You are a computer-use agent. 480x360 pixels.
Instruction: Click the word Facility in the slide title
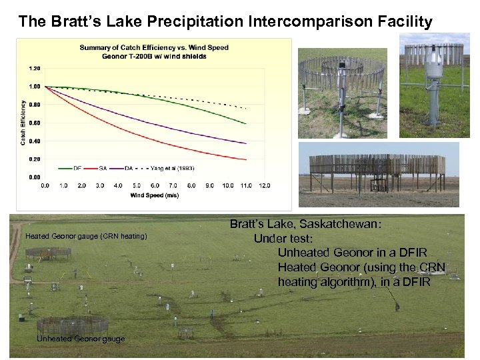405,21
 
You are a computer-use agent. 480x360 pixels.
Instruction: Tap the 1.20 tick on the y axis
34,68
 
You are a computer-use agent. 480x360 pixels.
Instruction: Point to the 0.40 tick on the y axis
34,141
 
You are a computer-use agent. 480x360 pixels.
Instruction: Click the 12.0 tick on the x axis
264,185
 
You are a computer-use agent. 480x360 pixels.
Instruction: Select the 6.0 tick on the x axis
155,185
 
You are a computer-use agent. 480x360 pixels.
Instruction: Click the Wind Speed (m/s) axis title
154,195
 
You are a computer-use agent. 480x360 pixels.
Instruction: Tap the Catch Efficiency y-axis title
23,123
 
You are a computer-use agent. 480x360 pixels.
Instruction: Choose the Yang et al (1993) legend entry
172,168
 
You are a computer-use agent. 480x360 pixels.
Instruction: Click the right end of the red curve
246,159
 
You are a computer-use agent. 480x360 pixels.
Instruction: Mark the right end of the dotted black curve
246,108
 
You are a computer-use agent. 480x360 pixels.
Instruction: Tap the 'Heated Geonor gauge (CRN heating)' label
86,237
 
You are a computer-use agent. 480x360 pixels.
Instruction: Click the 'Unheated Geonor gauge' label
81,339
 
